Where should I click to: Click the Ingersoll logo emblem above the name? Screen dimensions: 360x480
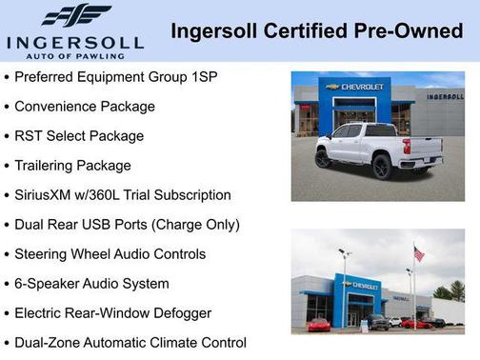tap(75, 16)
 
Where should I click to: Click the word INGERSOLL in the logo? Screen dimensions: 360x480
tap(75, 43)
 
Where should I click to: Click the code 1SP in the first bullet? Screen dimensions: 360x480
tap(202, 76)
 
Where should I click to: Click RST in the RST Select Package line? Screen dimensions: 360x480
tap(30, 135)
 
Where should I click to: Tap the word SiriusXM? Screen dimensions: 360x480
tap(51, 194)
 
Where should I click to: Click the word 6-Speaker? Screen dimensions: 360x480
tap(50, 283)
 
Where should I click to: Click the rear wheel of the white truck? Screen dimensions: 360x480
tap(381, 165)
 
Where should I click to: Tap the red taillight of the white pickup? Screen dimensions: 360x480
tap(407, 148)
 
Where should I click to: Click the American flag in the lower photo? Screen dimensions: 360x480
tap(418, 253)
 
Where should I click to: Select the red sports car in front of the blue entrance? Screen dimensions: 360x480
tap(320, 324)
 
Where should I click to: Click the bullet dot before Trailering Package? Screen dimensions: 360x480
tap(8, 166)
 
